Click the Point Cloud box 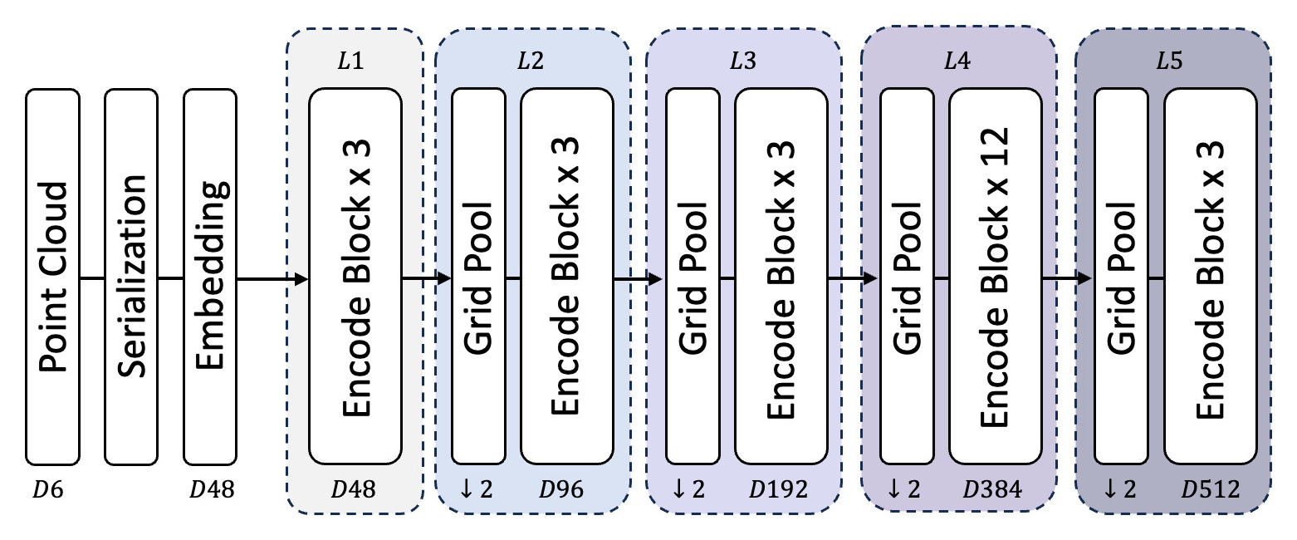point(52,277)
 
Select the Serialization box point(130,277)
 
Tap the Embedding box point(209,277)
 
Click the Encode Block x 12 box point(995,277)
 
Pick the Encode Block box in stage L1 point(355,277)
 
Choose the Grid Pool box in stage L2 point(478,277)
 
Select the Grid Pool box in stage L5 point(1122,277)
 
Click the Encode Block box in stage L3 point(781,277)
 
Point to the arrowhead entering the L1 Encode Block point(301,277)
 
